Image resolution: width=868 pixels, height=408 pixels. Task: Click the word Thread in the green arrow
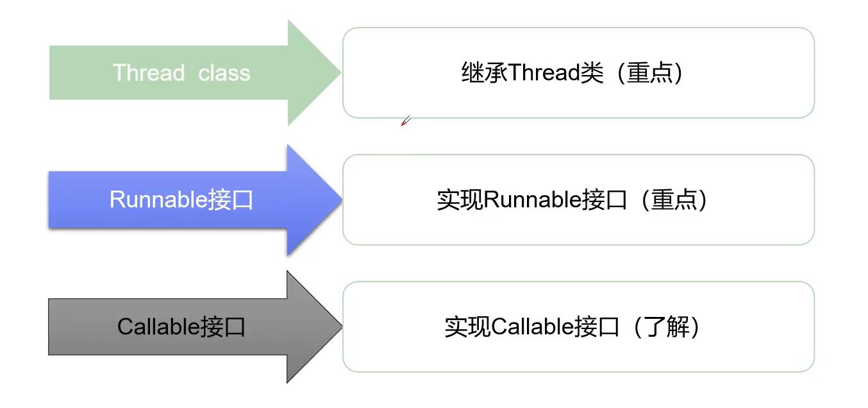tap(149, 72)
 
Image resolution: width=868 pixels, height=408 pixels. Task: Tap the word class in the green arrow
tap(224, 72)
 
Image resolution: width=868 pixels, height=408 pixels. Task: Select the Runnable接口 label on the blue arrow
tap(181, 200)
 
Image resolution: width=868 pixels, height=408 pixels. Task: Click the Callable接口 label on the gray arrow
tap(181, 327)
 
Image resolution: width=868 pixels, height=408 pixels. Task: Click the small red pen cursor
tap(405, 121)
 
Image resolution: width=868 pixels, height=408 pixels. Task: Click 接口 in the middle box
tap(605, 200)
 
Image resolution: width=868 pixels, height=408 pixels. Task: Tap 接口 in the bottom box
tap(597, 327)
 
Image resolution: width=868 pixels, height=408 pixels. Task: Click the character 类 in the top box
tap(592, 72)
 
